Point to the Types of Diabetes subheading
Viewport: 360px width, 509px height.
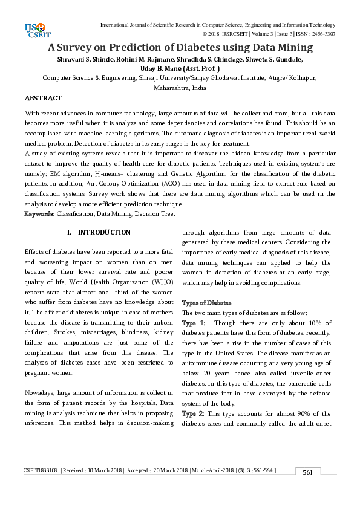[x=207, y=302]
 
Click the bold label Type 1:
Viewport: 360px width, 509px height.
[x=194, y=323]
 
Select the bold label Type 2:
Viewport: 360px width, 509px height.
[x=194, y=413]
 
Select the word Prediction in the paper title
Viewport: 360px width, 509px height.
[x=146, y=47]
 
